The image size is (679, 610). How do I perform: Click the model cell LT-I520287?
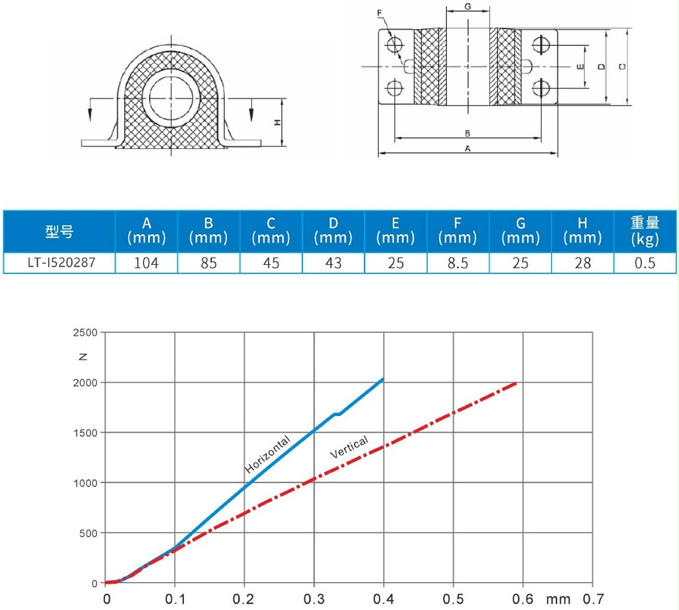pyautogui.click(x=59, y=263)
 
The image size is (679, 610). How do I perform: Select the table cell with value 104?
pyautogui.click(x=146, y=263)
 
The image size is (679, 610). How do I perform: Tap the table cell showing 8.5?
pyautogui.click(x=458, y=263)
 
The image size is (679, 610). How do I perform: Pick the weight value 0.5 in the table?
pyautogui.click(x=645, y=263)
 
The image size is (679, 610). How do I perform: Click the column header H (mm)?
pyautogui.click(x=583, y=231)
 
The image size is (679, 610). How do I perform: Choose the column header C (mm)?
pyautogui.click(x=271, y=231)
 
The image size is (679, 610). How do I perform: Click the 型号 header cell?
pyautogui.click(x=59, y=231)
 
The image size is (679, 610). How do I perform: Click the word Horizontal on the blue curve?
pyautogui.click(x=267, y=453)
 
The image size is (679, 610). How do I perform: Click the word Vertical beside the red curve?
pyautogui.click(x=349, y=447)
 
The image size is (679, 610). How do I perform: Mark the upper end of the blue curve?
pyautogui.click(x=383, y=379)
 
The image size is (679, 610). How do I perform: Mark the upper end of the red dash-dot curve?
pyautogui.click(x=517, y=382)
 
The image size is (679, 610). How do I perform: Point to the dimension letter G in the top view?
pyautogui.click(x=467, y=7)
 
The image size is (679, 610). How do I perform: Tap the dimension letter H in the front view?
pyautogui.click(x=277, y=123)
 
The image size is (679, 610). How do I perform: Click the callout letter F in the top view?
pyautogui.click(x=380, y=13)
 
